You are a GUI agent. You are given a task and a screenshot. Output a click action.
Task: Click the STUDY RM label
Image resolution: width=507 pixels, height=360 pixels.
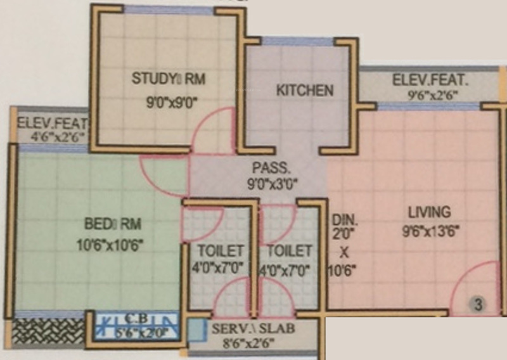click(x=169, y=79)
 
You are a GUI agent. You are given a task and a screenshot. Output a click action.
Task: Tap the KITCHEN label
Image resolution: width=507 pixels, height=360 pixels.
click(x=304, y=90)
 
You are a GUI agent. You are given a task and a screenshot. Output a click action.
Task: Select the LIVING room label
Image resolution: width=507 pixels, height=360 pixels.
click(x=429, y=212)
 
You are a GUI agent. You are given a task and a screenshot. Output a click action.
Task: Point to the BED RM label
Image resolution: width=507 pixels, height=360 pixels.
click(x=112, y=224)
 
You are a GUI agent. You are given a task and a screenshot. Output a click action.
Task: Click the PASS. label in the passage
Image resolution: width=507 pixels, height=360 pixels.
click(x=271, y=169)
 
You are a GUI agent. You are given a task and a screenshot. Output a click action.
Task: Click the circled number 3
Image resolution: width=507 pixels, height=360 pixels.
click(x=478, y=305)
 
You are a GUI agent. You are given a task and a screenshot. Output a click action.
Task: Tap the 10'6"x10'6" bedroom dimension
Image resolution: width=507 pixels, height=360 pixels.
click(x=112, y=245)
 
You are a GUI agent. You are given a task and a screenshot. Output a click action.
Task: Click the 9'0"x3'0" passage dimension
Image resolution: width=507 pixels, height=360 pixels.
click(x=271, y=186)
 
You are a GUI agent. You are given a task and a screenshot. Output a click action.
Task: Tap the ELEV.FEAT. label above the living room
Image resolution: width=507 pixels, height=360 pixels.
click(x=430, y=80)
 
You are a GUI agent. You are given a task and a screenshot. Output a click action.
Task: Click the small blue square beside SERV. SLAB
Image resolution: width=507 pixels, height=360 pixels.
click(x=198, y=330)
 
